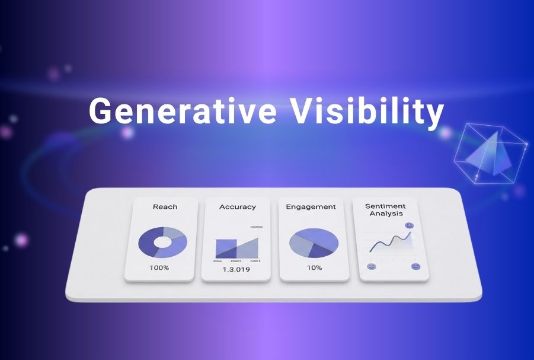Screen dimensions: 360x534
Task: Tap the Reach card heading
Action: point(165,206)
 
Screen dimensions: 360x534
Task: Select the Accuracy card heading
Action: point(237,206)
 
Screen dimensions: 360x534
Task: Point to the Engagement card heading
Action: point(311,206)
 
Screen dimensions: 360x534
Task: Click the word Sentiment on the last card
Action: point(386,206)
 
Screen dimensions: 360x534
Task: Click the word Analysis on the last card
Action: point(386,214)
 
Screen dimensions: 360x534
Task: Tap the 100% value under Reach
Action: point(159,267)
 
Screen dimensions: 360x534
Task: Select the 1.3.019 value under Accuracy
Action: point(235,269)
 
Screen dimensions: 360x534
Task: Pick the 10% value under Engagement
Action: point(314,267)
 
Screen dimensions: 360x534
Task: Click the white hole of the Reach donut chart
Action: point(162,242)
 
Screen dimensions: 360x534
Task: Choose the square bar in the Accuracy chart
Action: point(226,247)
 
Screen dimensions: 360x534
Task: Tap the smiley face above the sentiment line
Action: point(409,226)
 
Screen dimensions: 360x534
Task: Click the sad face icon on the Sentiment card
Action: point(415,267)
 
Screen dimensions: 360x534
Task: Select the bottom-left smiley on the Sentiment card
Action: point(372,267)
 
